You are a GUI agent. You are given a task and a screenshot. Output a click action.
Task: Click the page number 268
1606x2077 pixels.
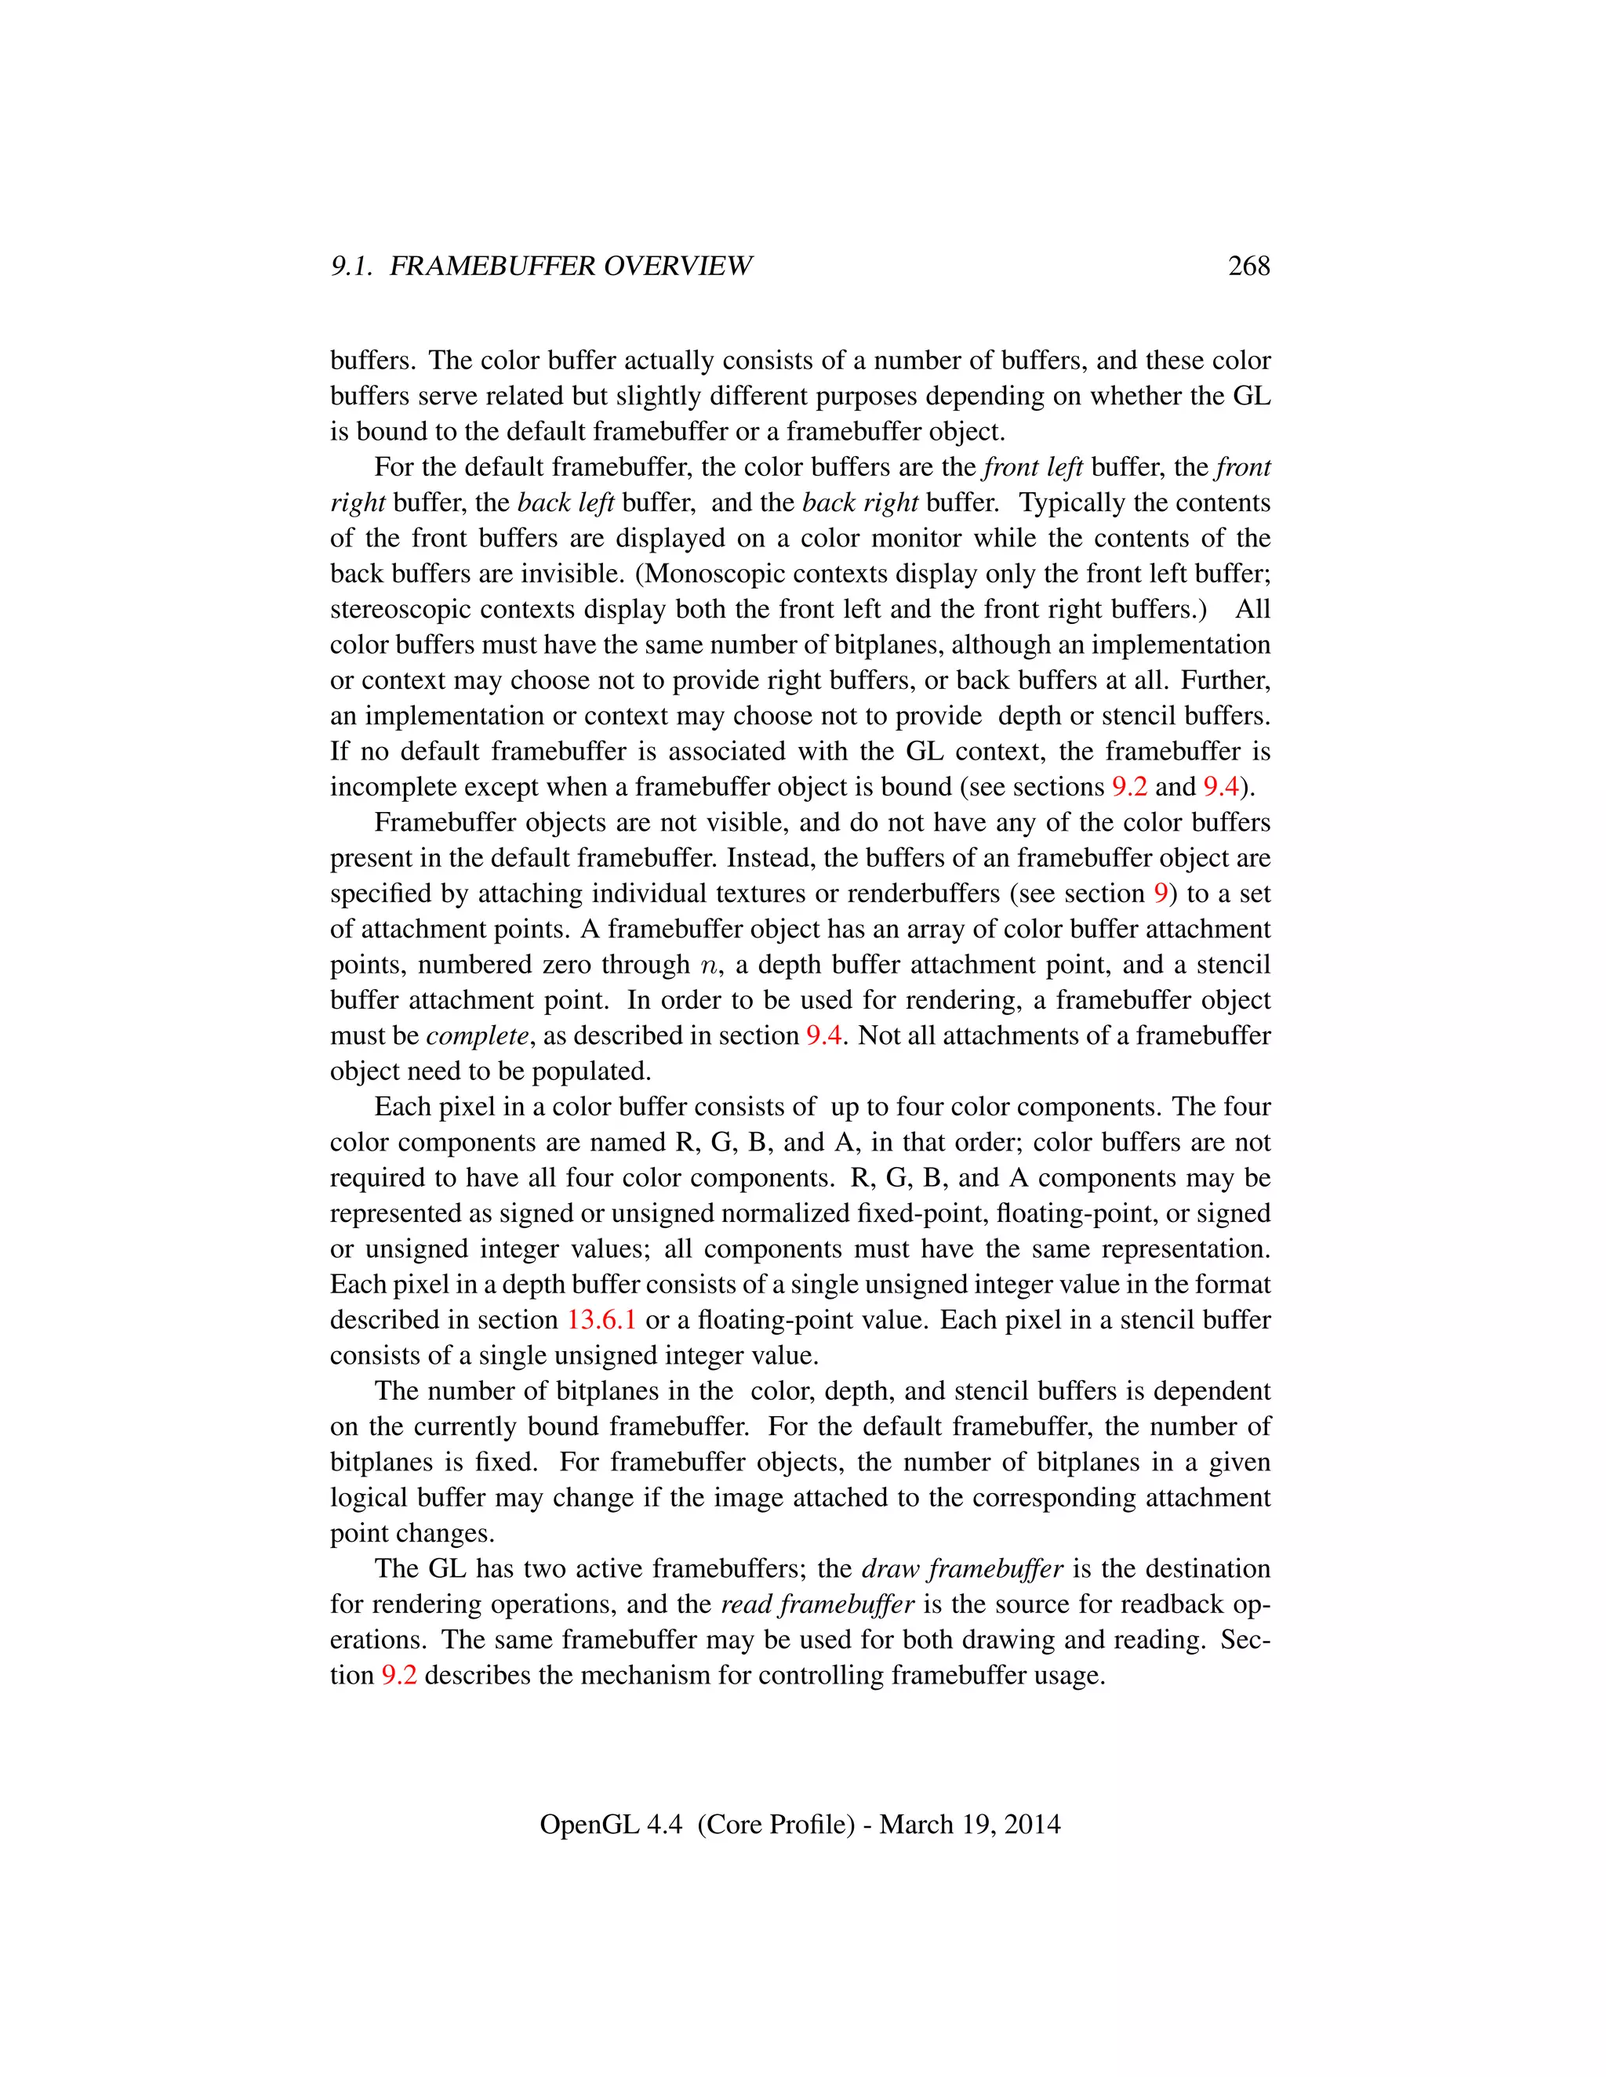pyautogui.click(x=1248, y=266)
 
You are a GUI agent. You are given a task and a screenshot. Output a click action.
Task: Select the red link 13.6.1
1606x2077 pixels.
pyautogui.click(x=601, y=1320)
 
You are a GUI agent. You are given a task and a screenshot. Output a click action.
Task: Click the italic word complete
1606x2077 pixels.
pyautogui.click(x=477, y=1035)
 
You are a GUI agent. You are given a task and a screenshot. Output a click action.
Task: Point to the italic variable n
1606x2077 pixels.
pyautogui.click(x=708, y=966)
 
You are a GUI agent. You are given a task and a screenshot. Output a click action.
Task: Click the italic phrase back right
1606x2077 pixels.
pyautogui.click(x=860, y=502)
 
